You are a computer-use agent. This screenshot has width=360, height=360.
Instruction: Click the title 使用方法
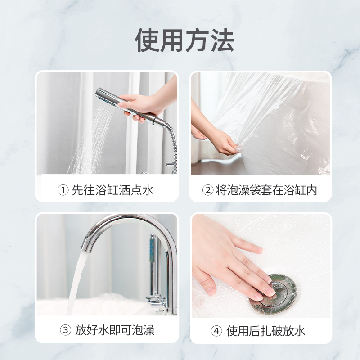point(184,40)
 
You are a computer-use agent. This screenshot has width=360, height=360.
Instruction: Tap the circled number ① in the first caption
point(63,190)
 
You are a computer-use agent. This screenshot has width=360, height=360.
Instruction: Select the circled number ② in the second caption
point(208,190)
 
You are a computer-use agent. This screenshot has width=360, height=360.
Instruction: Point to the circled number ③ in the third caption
point(65,330)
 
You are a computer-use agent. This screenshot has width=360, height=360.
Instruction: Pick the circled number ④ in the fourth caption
point(216,331)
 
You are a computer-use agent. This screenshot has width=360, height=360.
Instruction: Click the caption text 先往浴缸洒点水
point(113,190)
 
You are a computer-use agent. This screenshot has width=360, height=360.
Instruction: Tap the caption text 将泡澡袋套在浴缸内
point(266,190)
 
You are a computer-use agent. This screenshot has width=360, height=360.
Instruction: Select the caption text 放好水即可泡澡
point(115,330)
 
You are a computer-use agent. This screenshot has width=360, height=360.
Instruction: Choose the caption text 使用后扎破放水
point(266,331)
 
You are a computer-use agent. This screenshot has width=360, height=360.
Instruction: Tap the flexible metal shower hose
point(173,147)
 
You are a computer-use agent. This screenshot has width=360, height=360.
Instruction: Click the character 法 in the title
point(223,40)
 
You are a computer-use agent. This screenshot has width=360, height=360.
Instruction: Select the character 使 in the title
point(147,40)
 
